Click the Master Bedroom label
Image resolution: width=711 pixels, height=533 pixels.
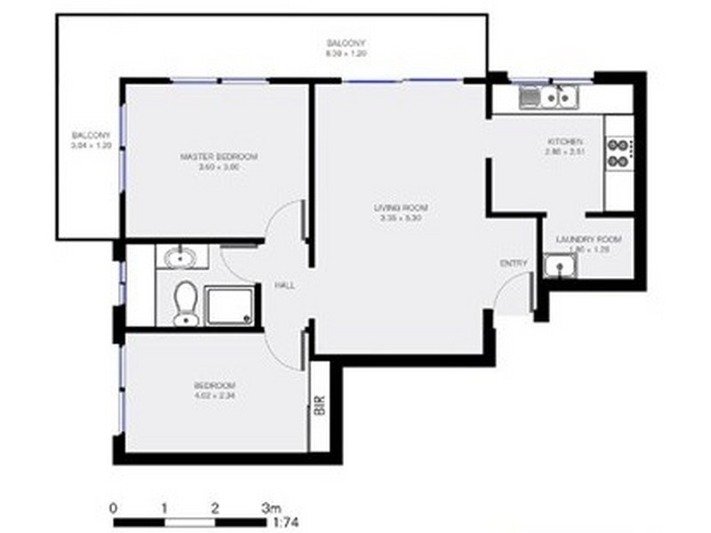219,157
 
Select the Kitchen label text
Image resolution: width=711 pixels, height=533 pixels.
564,142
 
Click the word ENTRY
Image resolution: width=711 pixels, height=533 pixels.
514,263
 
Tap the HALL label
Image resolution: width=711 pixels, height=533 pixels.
285,285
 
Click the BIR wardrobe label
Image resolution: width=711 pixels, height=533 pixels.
319,404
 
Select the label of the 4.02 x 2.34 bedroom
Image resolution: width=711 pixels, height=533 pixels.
213,385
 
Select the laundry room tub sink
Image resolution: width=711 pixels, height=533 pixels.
560,266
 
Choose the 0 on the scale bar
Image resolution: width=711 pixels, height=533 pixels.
113,508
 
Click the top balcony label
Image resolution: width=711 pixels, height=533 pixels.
346,44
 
